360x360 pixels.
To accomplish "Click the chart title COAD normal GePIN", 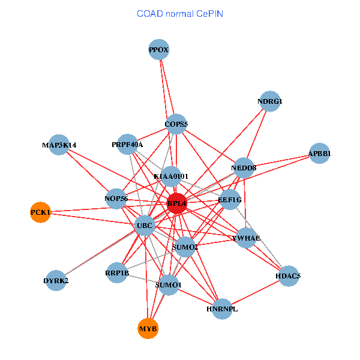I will pyautogui.click(x=180, y=13).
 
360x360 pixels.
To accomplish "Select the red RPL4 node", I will pyautogui.click(x=177, y=203).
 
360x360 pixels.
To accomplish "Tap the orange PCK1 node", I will pyautogui.click(x=40, y=212).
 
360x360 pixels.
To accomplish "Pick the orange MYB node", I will pyautogui.click(x=148, y=328).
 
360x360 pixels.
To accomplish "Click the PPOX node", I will pyautogui.click(x=159, y=50).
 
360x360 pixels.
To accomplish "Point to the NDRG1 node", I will pyautogui.click(x=269, y=101).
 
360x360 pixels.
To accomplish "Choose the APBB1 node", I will pyautogui.click(x=319, y=154).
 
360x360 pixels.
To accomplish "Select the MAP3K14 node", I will pyautogui.click(x=59, y=145).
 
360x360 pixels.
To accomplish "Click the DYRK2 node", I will pyautogui.click(x=56, y=280).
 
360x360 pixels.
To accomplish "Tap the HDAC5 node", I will pyautogui.click(x=288, y=276).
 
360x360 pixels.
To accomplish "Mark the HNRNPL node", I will pyautogui.click(x=222, y=309).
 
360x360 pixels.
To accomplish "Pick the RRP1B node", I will pyautogui.click(x=117, y=273).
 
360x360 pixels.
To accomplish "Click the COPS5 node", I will pyautogui.click(x=176, y=124).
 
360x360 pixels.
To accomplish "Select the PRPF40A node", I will pyautogui.click(x=127, y=145).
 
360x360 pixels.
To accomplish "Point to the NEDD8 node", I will pyautogui.click(x=244, y=168).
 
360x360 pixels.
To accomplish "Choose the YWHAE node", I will pyautogui.click(x=246, y=238).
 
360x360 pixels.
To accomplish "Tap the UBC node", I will pyautogui.click(x=145, y=226).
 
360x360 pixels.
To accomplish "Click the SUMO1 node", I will pyautogui.click(x=168, y=285).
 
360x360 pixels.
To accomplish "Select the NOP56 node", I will pyautogui.click(x=116, y=199).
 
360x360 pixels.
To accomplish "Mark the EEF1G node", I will pyautogui.click(x=230, y=199).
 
